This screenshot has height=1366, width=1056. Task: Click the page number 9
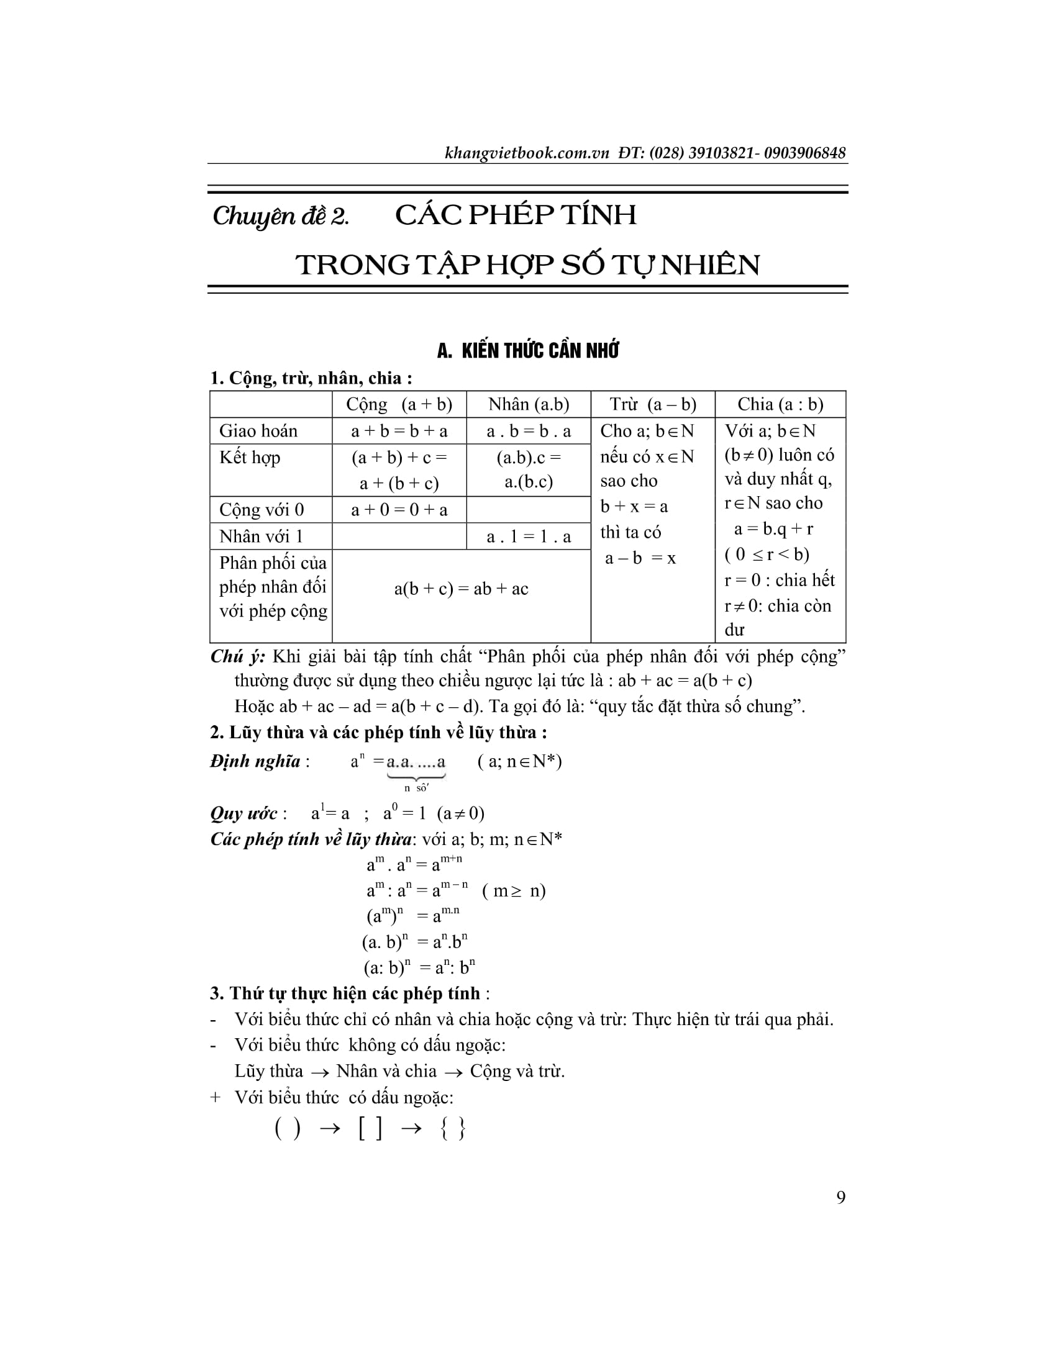tap(841, 1196)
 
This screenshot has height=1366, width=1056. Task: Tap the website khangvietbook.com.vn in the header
tap(527, 153)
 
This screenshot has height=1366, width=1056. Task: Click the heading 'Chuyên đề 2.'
tap(281, 216)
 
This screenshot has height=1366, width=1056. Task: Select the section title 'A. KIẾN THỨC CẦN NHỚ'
tap(527, 351)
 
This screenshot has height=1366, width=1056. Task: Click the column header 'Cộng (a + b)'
tap(399, 404)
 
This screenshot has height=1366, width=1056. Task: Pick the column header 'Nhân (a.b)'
tap(529, 404)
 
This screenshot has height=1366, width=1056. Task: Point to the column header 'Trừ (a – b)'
tap(652, 404)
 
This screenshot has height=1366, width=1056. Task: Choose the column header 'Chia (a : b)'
tap(780, 404)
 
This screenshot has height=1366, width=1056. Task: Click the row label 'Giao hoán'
tap(258, 431)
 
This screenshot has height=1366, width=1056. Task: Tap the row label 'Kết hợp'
tap(250, 457)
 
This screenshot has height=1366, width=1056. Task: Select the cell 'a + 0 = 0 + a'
tap(399, 510)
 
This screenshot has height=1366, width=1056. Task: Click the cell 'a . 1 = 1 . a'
tap(529, 536)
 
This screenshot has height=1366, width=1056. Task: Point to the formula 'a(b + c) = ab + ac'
tap(461, 589)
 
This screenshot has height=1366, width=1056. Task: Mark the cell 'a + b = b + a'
tap(399, 431)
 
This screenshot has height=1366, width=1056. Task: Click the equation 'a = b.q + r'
tap(773, 529)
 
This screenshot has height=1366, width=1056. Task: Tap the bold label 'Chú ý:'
tap(238, 657)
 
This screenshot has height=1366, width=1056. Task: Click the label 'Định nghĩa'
tap(255, 761)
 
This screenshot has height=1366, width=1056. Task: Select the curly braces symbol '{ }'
tap(453, 1129)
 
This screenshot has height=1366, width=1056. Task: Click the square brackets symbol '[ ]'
tap(370, 1129)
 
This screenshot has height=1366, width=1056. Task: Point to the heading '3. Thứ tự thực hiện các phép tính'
tap(345, 993)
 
